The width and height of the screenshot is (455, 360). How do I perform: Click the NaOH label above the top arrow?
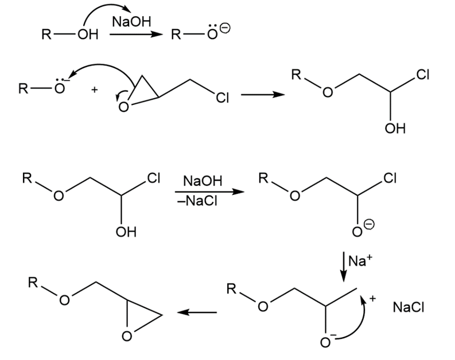131,22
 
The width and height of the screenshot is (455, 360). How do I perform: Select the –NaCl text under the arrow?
197,201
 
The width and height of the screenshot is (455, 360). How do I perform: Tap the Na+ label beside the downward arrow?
360,260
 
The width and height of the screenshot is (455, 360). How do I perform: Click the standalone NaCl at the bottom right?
409,307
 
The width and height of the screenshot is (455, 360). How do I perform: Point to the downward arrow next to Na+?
344,267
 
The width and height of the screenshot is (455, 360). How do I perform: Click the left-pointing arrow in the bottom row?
197,312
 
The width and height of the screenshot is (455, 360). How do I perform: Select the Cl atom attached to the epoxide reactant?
222,98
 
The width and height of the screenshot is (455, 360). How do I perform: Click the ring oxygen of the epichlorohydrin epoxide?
123,107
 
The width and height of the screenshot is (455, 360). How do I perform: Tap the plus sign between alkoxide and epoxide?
94,90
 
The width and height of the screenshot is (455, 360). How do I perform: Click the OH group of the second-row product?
395,128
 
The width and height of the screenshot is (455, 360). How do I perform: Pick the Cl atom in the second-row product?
423,75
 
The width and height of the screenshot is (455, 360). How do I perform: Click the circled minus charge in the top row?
225,28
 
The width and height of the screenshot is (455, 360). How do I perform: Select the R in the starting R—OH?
46,34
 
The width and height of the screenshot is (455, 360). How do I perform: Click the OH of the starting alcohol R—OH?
88,34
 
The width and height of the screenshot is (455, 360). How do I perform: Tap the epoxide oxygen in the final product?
127,336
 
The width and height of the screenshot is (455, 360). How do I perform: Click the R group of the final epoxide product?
33,282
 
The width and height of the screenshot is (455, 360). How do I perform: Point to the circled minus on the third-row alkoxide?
369,225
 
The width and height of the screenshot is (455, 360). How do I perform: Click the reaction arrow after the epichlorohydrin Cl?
263,95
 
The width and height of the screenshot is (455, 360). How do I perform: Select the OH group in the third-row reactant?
126,232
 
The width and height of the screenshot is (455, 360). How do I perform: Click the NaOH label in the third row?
203,181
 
